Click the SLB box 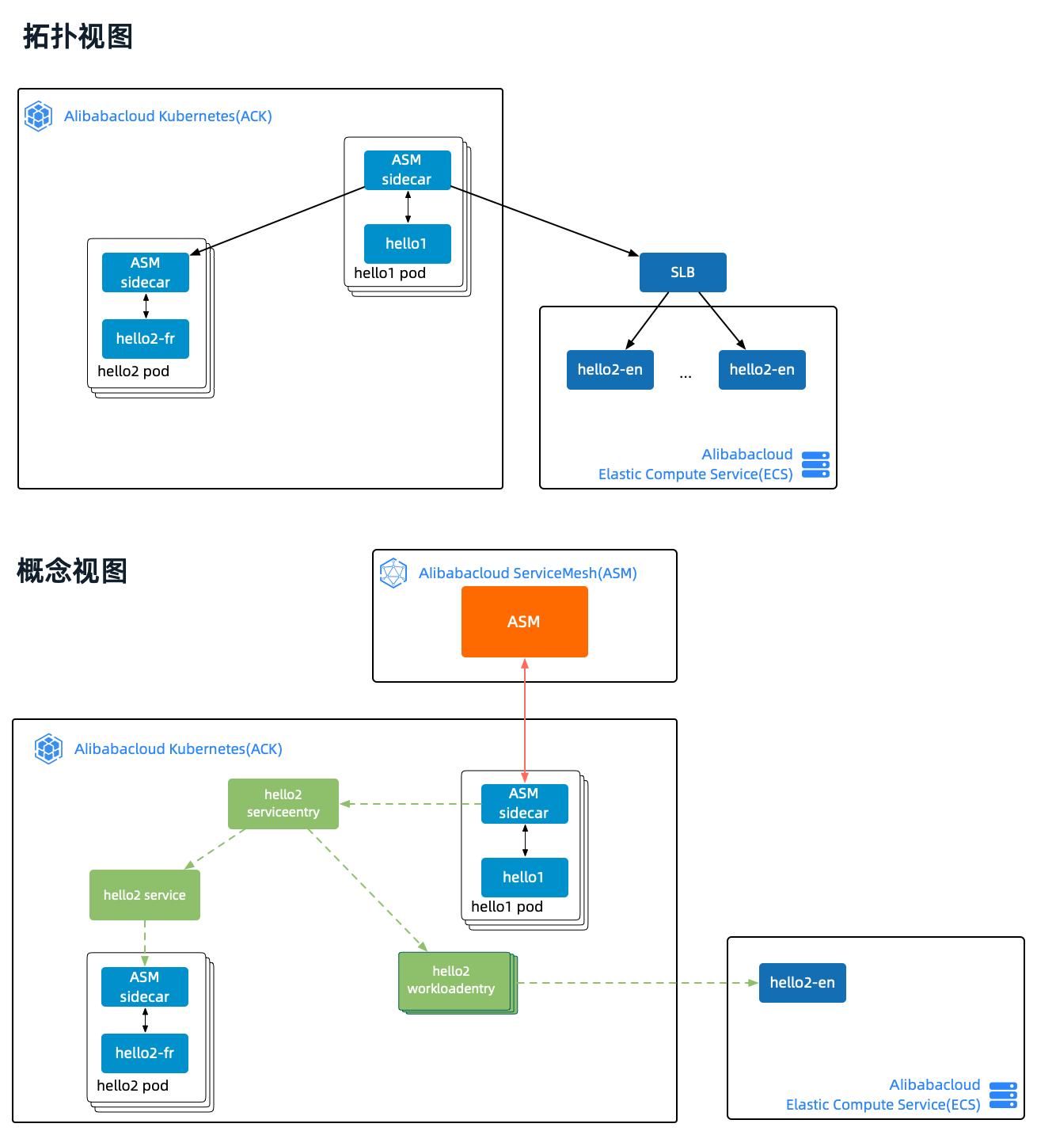pos(682,272)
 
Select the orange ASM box pos(524,622)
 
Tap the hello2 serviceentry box pos(283,803)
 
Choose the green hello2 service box pos(144,895)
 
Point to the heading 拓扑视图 pos(78,36)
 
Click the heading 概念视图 pos(72,570)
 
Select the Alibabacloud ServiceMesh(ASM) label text pos(527,573)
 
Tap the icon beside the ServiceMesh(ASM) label pos(393,573)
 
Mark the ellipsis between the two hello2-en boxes pos(686,375)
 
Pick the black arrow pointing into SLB pos(546,223)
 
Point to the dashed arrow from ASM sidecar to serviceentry pos(410,804)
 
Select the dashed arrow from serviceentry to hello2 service pos(215,850)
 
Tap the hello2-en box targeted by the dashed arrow pos(802,983)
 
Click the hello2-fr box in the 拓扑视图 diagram pos(145,339)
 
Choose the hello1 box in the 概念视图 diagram pos(524,877)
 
